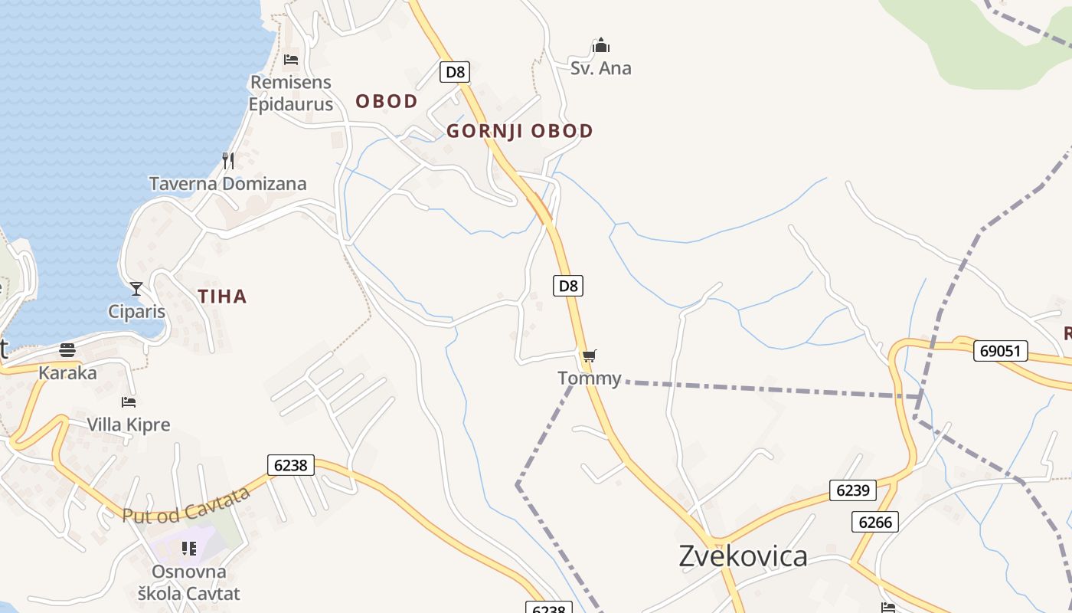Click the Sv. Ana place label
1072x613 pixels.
point(601,68)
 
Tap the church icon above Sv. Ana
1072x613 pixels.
point(601,46)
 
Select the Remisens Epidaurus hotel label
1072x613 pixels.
point(291,93)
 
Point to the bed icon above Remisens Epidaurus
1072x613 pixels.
point(291,59)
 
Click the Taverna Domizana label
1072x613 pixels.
point(227,184)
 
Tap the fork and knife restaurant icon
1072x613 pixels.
point(227,160)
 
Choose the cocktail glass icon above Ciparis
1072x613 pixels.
point(136,289)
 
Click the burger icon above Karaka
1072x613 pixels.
point(67,351)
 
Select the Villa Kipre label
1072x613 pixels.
point(128,425)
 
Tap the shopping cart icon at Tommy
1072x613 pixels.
point(589,356)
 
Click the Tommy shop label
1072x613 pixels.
point(589,378)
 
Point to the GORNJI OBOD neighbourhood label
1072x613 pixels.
point(520,131)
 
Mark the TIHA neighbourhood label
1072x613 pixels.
point(222,297)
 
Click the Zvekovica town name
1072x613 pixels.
point(743,556)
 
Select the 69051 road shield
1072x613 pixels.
point(1001,351)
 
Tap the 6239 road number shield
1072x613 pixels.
point(852,490)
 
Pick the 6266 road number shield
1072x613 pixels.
point(874,522)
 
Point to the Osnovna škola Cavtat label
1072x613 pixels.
point(188,582)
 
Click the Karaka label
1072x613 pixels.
point(67,373)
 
